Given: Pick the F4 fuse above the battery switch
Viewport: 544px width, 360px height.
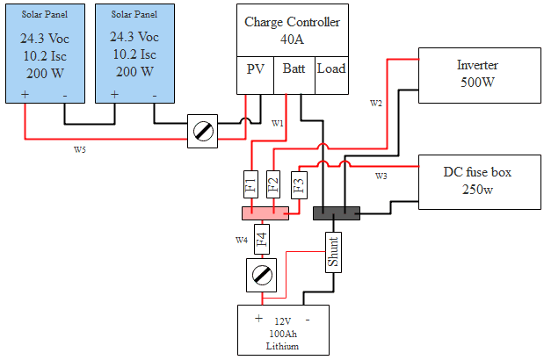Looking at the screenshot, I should [x=261, y=238].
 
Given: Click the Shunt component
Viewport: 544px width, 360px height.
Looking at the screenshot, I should [x=333, y=252].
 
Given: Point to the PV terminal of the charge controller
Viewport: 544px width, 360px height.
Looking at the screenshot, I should [x=255, y=68].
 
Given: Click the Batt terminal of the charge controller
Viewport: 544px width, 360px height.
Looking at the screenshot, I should [x=294, y=68].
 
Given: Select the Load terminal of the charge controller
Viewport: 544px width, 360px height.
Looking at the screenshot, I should [x=331, y=68].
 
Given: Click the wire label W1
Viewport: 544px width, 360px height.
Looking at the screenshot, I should [x=278, y=122].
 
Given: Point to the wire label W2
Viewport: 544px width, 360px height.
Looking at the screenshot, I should [x=376, y=104].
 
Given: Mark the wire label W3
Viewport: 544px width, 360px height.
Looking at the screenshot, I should [x=381, y=176].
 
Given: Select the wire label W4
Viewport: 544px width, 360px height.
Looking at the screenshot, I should [x=241, y=239].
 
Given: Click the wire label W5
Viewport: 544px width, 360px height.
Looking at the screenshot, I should [x=80, y=149].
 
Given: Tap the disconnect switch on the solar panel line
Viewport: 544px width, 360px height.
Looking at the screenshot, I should [x=203, y=132].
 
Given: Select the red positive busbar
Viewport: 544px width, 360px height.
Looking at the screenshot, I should [x=265, y=212].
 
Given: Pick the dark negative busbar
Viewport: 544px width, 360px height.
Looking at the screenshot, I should [x=337, y=212].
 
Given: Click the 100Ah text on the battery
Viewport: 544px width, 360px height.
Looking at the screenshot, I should [x=282, y=334].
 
